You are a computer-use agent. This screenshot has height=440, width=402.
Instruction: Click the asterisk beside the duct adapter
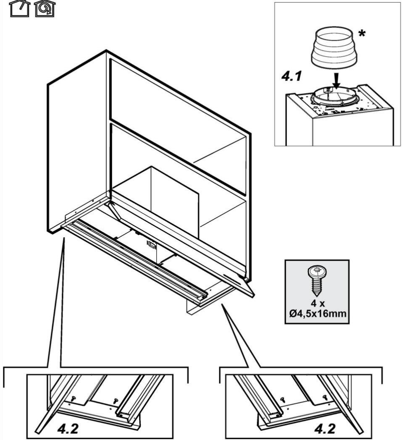click(x=362, y=34)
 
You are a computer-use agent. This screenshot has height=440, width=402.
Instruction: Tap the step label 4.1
click(x=292, y=76)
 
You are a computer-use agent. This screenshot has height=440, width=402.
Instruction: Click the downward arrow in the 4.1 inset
click(x=337, y=81)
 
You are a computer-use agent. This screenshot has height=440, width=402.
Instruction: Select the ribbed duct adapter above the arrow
click(x=334, y=47)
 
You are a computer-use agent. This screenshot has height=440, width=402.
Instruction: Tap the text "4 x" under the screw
click(x=318, y=304)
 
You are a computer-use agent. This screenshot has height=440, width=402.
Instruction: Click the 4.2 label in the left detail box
click(x=68, y=429)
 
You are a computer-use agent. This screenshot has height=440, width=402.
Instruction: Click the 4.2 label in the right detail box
click(x=325, y=429)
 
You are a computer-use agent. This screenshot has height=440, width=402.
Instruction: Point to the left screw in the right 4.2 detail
click(x=282, y=399)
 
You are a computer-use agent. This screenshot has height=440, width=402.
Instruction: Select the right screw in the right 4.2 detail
click(x=325, y=397)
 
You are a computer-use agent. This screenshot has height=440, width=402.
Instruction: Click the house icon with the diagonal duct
click(x=20, y=8)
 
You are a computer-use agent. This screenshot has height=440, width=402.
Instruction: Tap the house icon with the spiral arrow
click(x=45, y=8)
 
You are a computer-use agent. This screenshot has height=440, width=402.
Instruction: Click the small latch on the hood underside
click(x=151, y=245)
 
